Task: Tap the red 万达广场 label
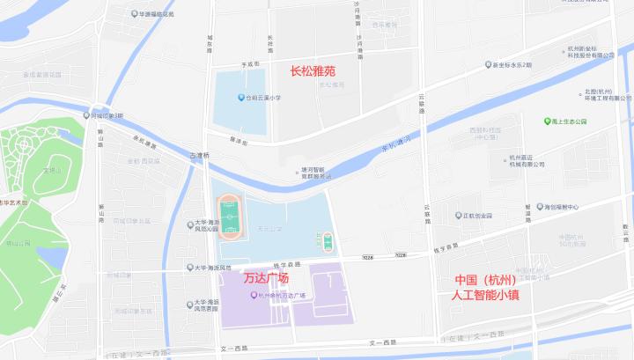tap(266, 278)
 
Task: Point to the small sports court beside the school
tap(328, 240)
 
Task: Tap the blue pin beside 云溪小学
tap(240, 98)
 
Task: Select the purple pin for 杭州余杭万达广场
tap(254, 295)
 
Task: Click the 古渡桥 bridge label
tap(200, 155)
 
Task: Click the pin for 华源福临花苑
tap(132, 14)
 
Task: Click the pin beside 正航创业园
tap(458, 215)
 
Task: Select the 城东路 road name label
tap(210, 44)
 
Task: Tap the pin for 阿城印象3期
tap(85, 115)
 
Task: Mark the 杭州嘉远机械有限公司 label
tap(527, 161)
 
